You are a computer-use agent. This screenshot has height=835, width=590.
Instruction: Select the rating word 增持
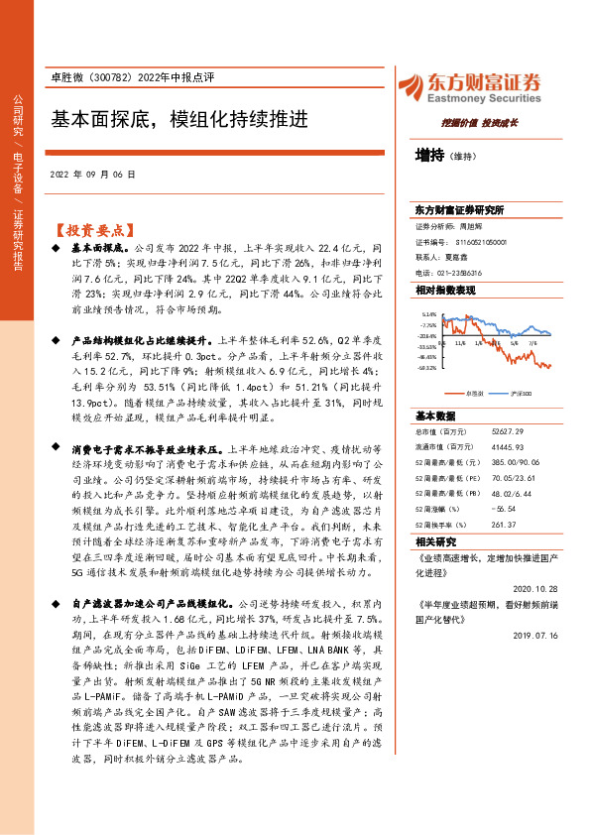pos(429,155)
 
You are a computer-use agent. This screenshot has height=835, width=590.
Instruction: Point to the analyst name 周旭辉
pos(479,226)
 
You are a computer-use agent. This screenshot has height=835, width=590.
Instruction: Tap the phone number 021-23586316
pos(462,272)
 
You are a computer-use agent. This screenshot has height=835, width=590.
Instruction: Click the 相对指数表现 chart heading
pos(445,290)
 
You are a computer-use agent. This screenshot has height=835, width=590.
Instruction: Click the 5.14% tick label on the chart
pos(429,314)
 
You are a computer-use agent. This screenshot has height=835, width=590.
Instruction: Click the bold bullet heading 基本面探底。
pos(100,244)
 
